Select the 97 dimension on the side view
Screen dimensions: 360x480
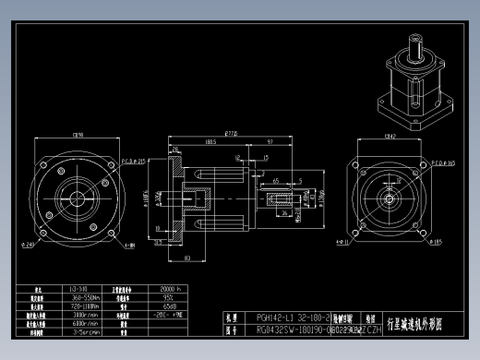[268, 142]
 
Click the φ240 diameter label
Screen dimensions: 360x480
[30, 245]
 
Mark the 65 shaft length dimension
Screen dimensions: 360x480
[276, 181]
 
